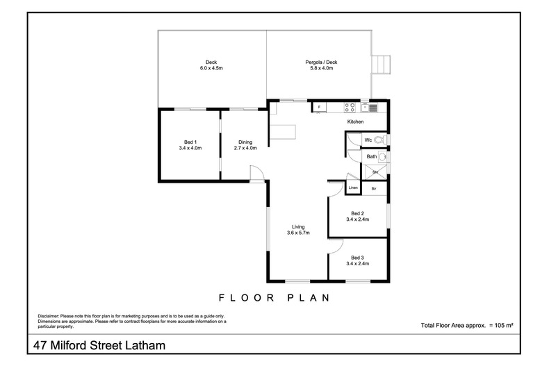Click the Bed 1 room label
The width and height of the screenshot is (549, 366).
click(x=190, y=141)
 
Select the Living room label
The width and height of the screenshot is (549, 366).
click(x=298, y=226)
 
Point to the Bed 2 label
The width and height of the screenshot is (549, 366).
click(x=357, y=213)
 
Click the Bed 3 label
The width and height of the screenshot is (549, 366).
click(x=357, y=257)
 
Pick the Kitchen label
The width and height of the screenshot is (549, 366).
click(x=356, y=122)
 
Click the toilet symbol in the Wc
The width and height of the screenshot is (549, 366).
click(x=379, y=140)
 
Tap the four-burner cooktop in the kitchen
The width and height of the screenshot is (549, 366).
click(x=350, y=107)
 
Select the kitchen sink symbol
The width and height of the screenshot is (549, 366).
click(x=372, y=107)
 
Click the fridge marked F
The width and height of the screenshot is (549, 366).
click(x=318, y=107)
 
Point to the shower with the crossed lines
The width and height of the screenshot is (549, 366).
click(x=375, y=172)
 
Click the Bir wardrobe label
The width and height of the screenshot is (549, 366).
click(x=374, y=188)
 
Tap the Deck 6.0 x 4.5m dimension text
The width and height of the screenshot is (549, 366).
click(x=211, y=69)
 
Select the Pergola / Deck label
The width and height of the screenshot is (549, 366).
click(x=320, y=63)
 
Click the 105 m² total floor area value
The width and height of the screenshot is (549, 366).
click(x=502, y=325)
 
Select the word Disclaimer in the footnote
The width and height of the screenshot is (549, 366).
click(x=49, y=316)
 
